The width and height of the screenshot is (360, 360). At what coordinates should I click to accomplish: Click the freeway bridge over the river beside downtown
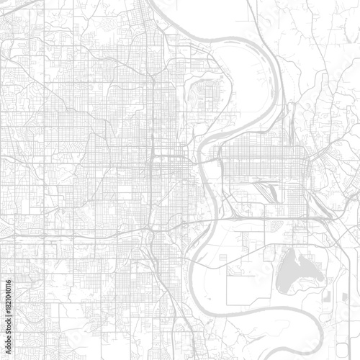209,163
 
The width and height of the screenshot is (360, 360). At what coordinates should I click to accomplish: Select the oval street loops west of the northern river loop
205,94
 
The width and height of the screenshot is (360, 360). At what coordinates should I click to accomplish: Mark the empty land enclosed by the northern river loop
238,79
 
